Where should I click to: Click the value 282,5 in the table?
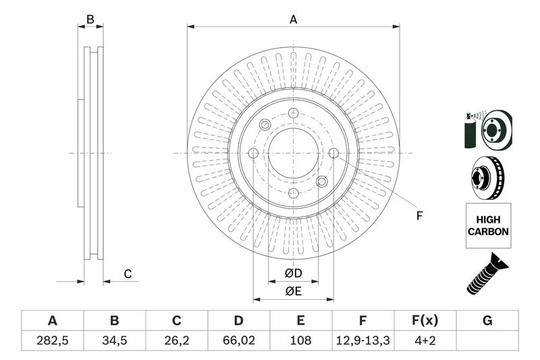point(52,342)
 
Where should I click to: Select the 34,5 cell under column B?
point(114,342)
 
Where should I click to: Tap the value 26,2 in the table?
point(177,342)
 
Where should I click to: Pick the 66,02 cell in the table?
point(238,342)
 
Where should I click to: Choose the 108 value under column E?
point(301,342)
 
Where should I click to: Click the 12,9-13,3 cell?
point(363,342)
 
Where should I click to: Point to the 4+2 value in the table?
point(425,342)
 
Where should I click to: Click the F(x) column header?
point(425,321)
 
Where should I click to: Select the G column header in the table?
point(487,321)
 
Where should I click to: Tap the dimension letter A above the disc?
point(293,20)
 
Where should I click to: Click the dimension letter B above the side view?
point(90,20)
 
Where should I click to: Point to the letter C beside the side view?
point(127,274)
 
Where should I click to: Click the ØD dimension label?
point(292,274)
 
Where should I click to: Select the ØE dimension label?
point(292,291)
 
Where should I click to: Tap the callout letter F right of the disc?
point(418,216)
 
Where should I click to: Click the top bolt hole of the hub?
point(293,114)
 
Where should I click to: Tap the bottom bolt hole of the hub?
point(293,192)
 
